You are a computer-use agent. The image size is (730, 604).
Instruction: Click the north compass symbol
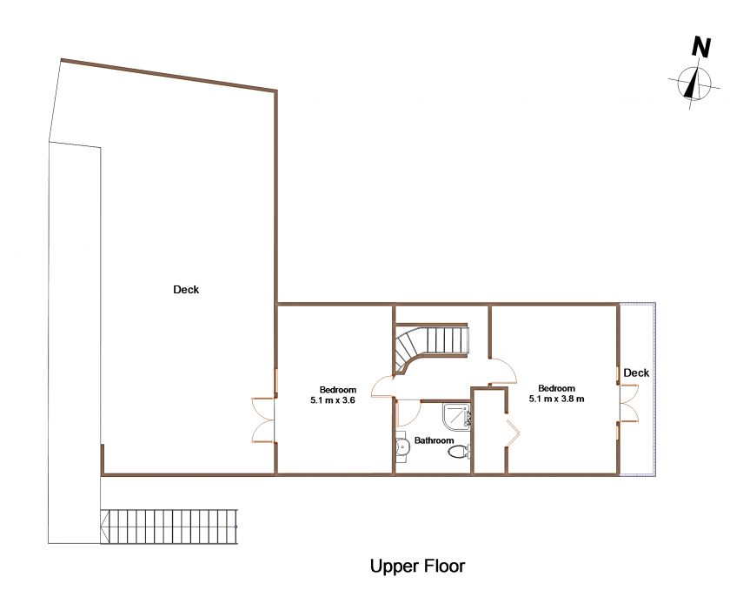[x=694, y=84]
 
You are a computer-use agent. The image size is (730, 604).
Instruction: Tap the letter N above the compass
[x=700, y=47]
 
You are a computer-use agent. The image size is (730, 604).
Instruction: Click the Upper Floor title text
[x=417, y=567]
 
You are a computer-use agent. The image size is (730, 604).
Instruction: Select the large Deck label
[x=186, y=290]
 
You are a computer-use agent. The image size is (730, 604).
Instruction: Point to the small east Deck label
[x=636, y=373]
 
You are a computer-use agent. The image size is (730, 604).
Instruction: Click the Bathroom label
[x=434, y=440]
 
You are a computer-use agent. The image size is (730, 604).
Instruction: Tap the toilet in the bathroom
[x=460, y=452]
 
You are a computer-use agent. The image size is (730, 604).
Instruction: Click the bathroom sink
[x=401, y=447]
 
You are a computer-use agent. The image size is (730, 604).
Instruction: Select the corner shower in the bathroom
[x=457, y=415]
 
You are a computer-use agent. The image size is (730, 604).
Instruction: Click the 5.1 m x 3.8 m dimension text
[x=556, y=399]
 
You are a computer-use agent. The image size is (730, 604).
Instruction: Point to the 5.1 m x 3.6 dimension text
[x=332, y=399]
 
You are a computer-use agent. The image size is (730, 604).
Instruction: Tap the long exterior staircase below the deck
[x=169, y=527]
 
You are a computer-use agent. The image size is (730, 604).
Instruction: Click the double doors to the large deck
[x=264, y=419]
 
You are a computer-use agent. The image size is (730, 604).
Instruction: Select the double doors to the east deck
[x=628, y=403]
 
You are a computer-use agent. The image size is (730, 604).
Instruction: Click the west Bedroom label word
[x=337, y=390]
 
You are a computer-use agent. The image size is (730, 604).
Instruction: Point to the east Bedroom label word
[x=556, y=388]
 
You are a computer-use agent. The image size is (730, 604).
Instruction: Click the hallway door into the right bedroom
[x=504, y=372]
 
